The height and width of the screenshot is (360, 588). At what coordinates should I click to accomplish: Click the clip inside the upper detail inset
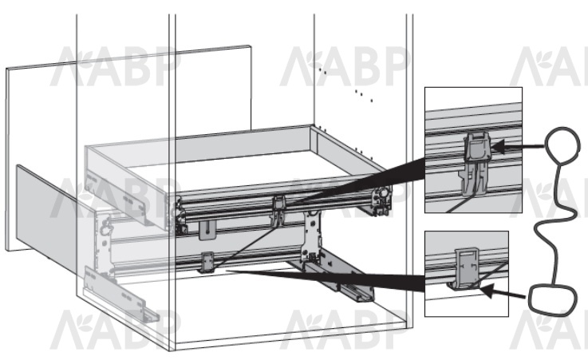(x=476, y=161)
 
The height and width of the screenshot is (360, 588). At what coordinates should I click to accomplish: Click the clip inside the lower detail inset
(x=467, y=267)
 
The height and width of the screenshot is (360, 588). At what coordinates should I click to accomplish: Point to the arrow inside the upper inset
(x=518, y=146)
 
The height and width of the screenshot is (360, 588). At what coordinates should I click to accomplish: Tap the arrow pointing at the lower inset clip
(x=503, y=291)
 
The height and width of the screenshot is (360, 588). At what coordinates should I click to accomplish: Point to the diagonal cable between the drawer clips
(x=244, y=248)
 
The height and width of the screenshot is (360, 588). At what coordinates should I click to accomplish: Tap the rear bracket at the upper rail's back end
(x=381, y=200)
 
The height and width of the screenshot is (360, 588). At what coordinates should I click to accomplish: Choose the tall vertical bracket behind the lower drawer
(x=312, y=236)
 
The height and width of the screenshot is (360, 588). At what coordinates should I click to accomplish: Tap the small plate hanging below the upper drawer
(x=207, y=230)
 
